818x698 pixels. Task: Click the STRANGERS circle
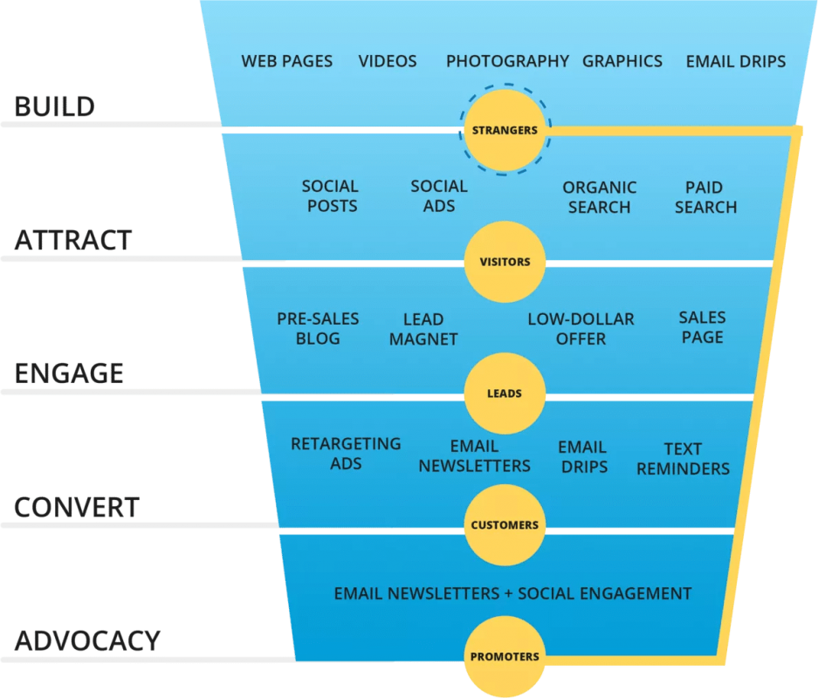click(505, 130)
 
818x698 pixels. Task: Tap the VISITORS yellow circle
click(505, 262)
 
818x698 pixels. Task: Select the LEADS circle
click(505, 393)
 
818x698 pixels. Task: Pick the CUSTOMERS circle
click(505, 525)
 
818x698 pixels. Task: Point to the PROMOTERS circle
click(505, 656)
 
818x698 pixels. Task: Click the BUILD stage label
click(55, 106)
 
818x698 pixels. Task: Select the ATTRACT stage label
click(73, 240)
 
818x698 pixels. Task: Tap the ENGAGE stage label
click(69, 373)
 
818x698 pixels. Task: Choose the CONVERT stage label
click(77, 507)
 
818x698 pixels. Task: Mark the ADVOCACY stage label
click(87, 640)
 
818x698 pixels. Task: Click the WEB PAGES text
click(287, 62)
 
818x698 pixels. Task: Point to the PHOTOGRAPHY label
click(507, 62)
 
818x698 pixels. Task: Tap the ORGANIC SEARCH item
click(600, 197)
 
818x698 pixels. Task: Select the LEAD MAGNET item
click(423, 329)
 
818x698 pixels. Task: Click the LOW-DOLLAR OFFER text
click(581, 329)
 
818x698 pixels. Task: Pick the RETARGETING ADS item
click(346, 454)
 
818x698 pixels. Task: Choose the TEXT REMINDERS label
click(683, 459)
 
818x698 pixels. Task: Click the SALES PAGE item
click(702, 327)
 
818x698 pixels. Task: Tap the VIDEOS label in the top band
click(388, 62)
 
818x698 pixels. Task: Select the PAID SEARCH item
click(706, 197)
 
